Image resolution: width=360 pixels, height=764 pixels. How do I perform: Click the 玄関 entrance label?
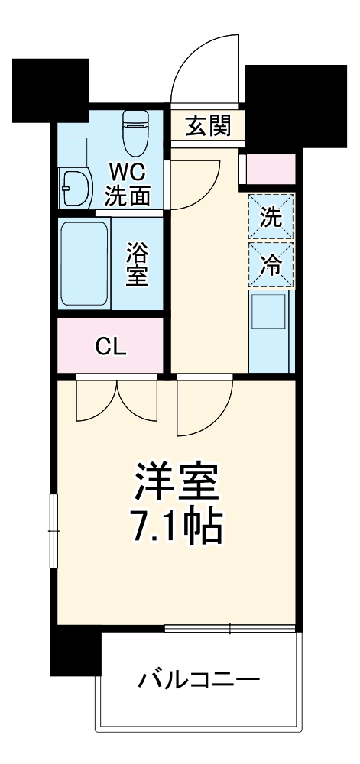pyautogui.click(x=208, y=125)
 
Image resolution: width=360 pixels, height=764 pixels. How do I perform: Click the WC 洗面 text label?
pyautogui.click(x=128, y=183)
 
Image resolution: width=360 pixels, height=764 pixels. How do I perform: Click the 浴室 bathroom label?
pyautogui.click(x=137, y=264)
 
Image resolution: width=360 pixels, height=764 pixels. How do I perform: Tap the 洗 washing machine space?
pyautogui.click(x=271, y=217)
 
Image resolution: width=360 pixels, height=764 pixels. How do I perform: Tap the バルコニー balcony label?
pyautogui.click(x=200, y=678)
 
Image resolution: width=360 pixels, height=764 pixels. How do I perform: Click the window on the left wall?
pyautogui.click(x=54, y=530)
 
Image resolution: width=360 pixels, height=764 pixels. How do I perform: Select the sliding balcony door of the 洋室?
pyautogui.click(x=229, y=630)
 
